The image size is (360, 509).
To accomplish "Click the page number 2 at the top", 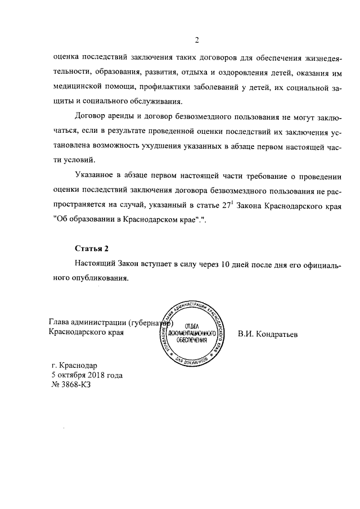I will click(197, 40).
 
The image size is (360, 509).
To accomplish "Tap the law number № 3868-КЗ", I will click(70, 385).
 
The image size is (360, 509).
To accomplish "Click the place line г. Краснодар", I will click(74, 364).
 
